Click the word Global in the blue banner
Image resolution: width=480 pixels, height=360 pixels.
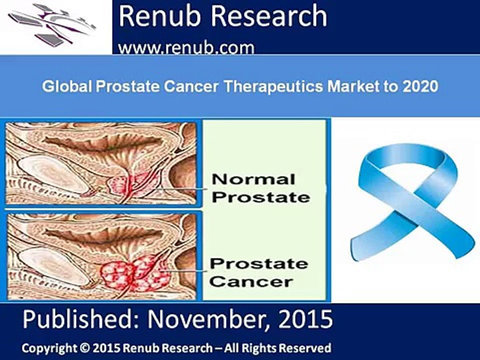[66, 86]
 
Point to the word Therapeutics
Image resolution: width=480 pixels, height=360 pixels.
[273, 87]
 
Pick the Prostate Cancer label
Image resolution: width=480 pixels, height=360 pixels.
[259, 272]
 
